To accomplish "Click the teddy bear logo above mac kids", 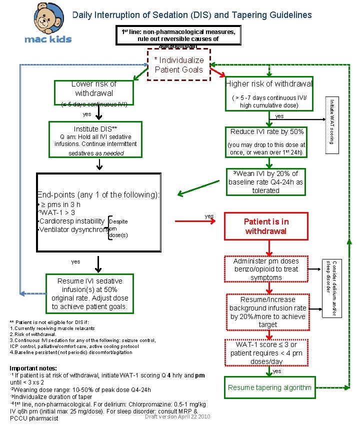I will pos(48,19).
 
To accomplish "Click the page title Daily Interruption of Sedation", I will pos(192,14).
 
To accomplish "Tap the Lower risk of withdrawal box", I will pos(94,89).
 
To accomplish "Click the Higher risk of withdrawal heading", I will pos(269,83).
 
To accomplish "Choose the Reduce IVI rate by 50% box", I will pos(267,131).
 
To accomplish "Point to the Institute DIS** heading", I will pos(95,128).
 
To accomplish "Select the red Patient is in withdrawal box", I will pos(265,226).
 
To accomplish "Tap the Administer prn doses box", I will pos(266,269).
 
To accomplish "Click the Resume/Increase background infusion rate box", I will pos(267,312).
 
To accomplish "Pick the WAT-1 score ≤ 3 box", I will pos(266,352).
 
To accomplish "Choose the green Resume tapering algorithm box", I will pos(269,387).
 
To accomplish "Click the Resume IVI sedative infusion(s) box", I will pos(90,293).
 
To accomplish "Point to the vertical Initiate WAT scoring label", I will pos(332,119).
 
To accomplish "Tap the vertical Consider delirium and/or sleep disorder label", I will pos(332,287).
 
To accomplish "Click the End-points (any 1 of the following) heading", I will pos(98,195).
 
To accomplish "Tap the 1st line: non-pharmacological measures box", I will pos(178,35).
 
